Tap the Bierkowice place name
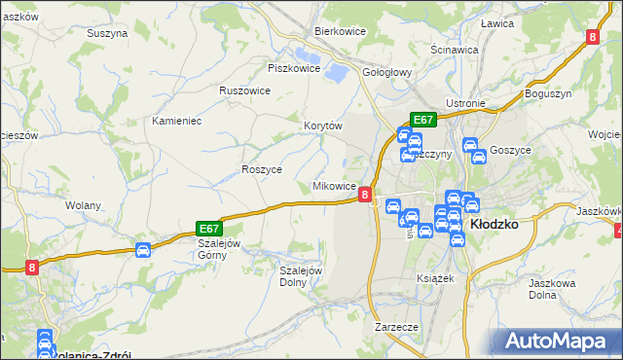[x=339, y=30]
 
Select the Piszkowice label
[x=294, y=68]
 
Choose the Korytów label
[x=323, y=126]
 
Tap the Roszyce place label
[x=262, y=169]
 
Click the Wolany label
[x=82, y=206]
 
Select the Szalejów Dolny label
[x=301, y=276]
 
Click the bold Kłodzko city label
[x=495, y=224]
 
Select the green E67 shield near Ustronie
[x=422, y=120]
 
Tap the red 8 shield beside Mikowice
[x=364, y=195]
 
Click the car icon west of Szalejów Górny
[x=143, y=250]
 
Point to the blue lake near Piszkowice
[x=336, y=72]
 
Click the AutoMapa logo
[x=560, y=341]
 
